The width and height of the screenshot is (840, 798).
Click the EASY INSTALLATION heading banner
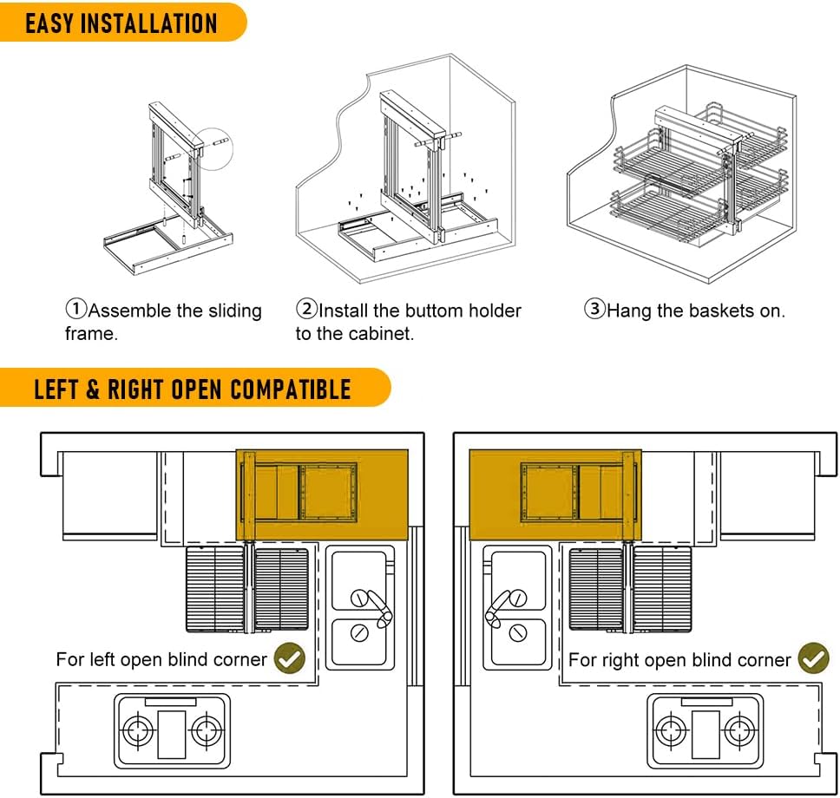point(121,23)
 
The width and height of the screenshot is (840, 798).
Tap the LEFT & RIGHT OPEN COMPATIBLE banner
point(193,388)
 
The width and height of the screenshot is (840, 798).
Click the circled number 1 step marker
point(76,310)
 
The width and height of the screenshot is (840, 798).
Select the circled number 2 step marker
point(307,310)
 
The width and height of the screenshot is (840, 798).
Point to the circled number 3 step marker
point(594,310)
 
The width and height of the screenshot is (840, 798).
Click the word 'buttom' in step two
point(441,311)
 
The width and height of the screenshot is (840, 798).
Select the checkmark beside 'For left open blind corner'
point(290,658)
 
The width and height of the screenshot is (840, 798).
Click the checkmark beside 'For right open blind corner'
point(813,658)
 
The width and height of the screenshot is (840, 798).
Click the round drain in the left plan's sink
point(358,633)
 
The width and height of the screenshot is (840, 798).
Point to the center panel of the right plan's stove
point(705,730)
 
